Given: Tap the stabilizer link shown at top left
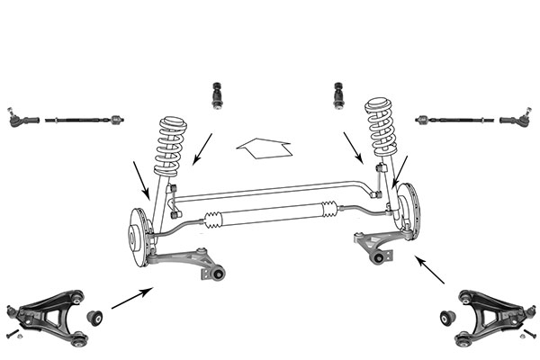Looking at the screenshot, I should coord(217,95).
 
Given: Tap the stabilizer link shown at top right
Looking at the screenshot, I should coord(339,95).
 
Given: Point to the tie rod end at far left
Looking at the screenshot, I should coord(22,119).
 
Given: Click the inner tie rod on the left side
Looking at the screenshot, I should coord(84,119).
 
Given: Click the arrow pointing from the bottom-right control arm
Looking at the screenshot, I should coord(429,270).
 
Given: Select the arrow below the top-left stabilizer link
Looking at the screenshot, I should coord(202,149).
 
